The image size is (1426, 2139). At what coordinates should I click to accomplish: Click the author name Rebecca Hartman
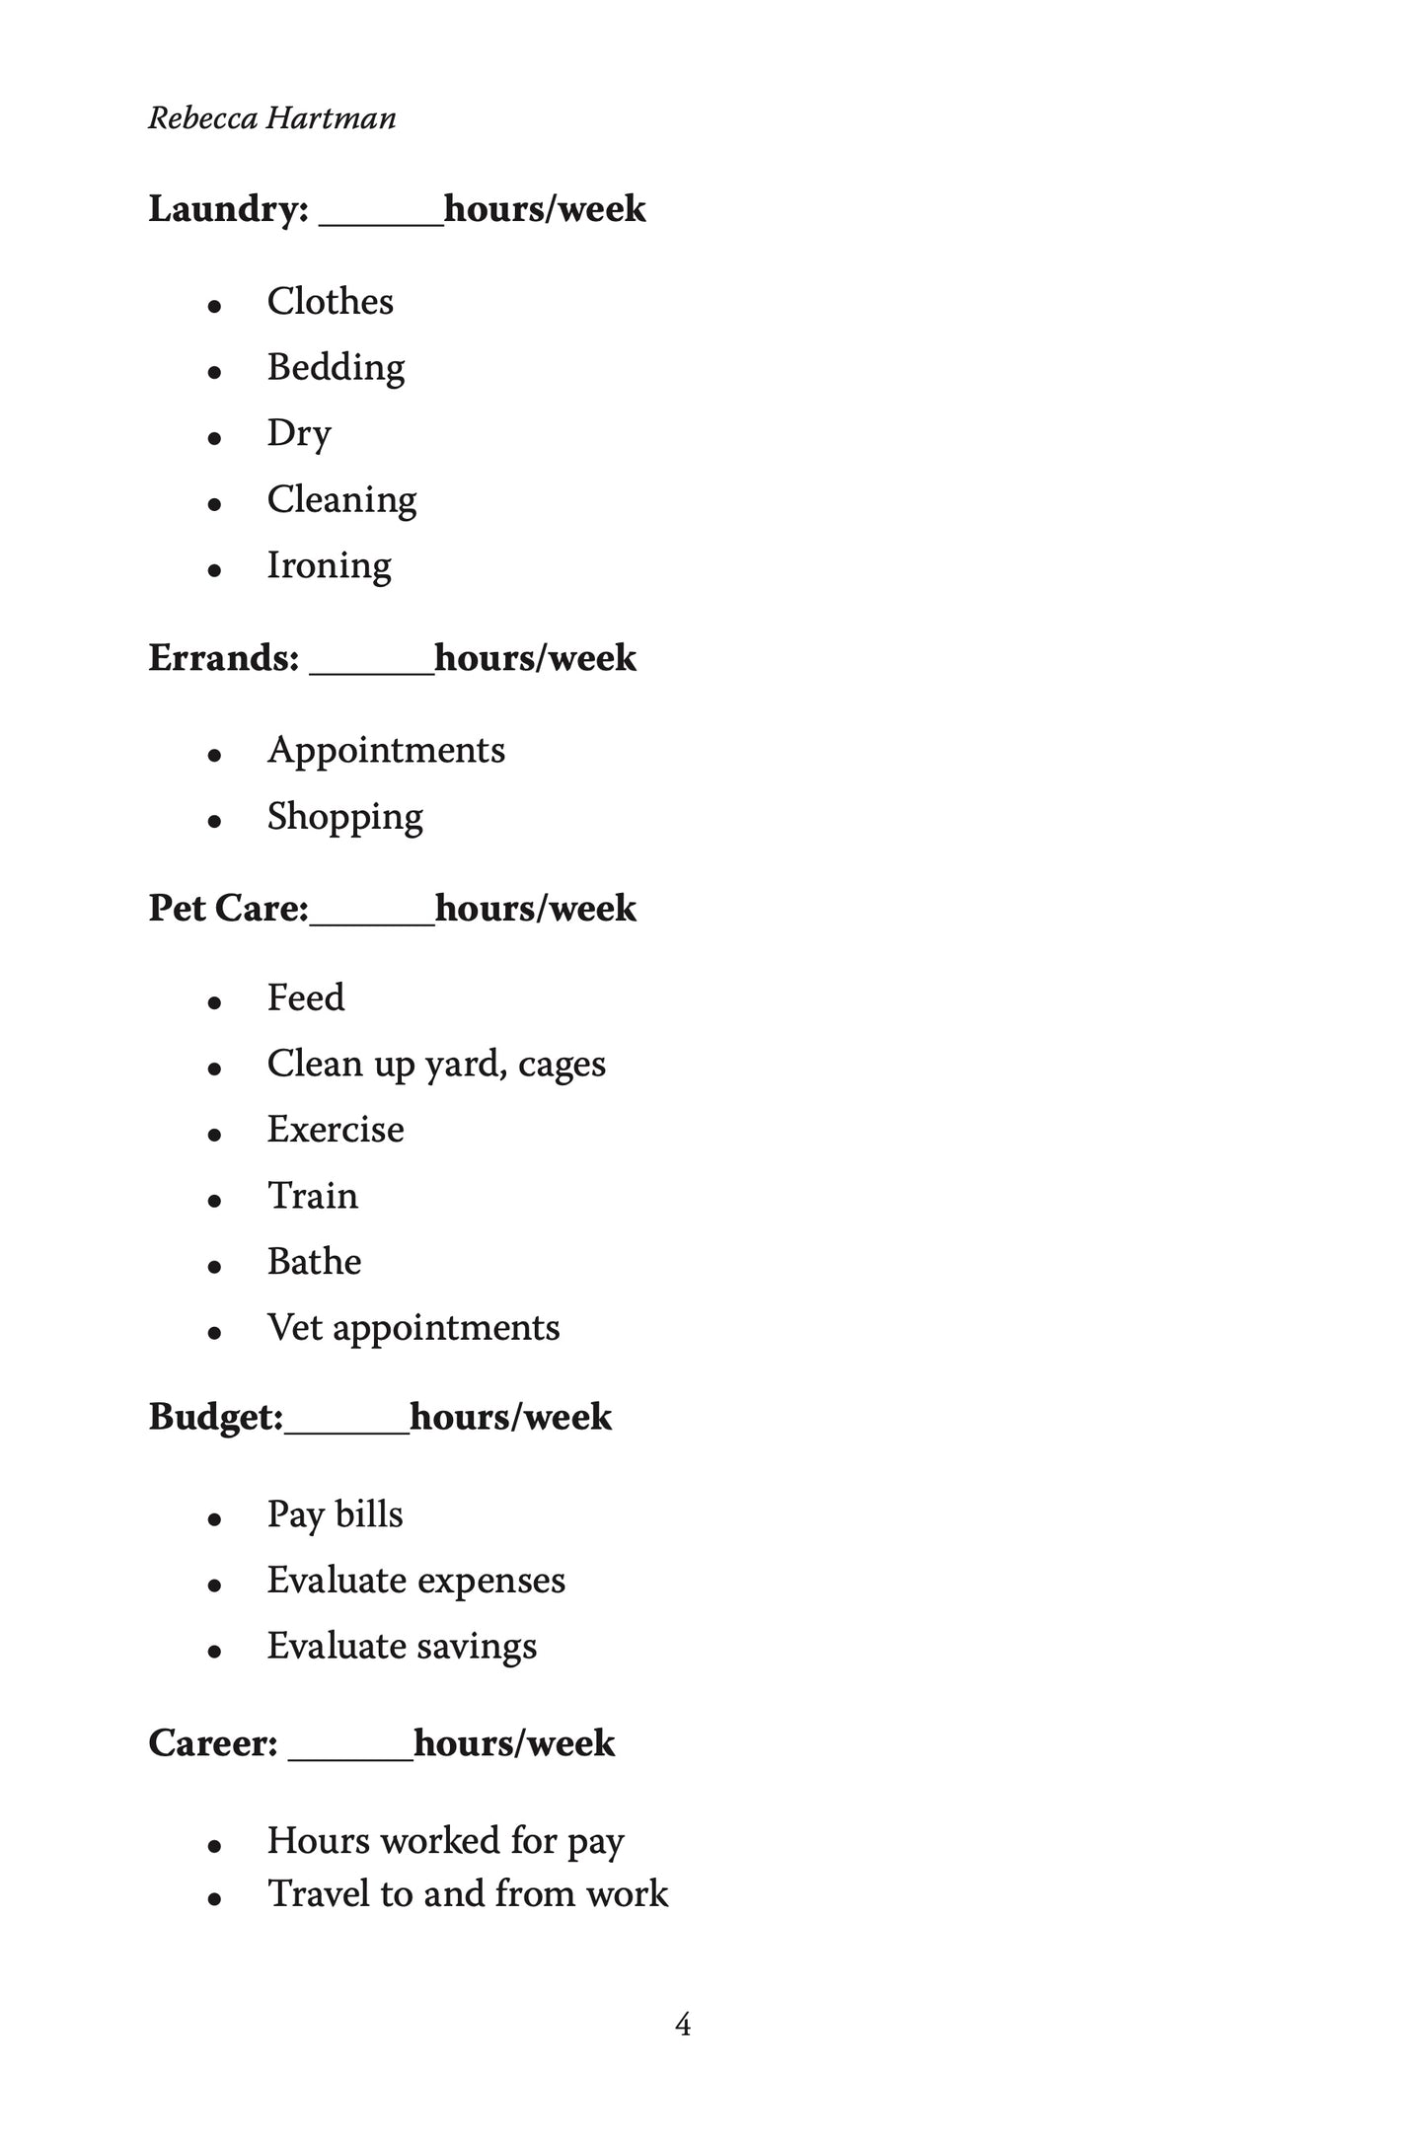point(272,118)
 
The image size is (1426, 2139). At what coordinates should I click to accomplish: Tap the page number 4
point(683,2026)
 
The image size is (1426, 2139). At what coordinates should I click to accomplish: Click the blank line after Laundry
point(381,223)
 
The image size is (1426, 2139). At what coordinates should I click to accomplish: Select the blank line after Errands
point(371,671)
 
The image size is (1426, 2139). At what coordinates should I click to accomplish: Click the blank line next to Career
point(350,1757)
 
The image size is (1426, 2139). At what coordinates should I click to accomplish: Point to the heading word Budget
point(214,1417)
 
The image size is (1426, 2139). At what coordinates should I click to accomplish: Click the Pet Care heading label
point(227,908)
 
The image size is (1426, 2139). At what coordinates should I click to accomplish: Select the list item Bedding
point(336,367)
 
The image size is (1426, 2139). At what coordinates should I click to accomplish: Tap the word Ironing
point(329,565)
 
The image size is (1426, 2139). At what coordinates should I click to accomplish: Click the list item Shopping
point(344,817)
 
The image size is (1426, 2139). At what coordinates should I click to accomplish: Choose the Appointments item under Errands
point(386,751)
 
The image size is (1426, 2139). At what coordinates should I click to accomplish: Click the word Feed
point(306,997)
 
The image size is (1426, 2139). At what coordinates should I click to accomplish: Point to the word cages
point(562,1066)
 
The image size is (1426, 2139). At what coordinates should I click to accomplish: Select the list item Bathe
point(314,1262)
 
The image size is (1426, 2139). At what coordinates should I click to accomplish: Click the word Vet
point(294,1328)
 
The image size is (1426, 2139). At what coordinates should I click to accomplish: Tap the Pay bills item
point(335,1514)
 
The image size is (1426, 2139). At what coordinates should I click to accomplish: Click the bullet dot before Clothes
point(214,306)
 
